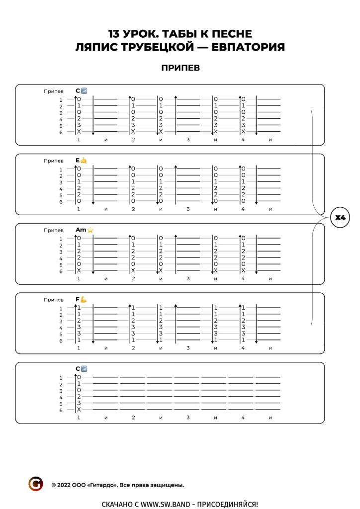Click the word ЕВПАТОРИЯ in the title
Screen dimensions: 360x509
pyautogui.click(x=248, y=47)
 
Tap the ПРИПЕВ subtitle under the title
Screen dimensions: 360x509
pyautogui.click(x=180, y=68)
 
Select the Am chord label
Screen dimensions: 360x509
pyautogui.click(x=81, y=230)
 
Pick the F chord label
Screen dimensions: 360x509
pyautogui.click(x=78, y=299)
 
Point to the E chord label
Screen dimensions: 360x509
pyautogui.click(x=78, y=161)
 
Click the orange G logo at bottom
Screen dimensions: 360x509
pyautogui.click(x=36, y=484)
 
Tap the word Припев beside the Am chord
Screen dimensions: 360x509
pyautogui.click(x=54, y=230)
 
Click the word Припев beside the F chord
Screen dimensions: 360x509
pyautogui.click(x=54, y=300)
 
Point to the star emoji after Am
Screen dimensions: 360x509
pyautogui.click(x=90, y=230)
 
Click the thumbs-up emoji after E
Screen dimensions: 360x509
pyautogui.click(x=84, y=161)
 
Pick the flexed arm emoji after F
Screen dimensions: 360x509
pyautogui.click(x=84, y=299)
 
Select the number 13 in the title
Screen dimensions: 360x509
pyautogui.click(x=113, y=34)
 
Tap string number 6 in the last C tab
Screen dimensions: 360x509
pyautogui.click(x=61, y=410)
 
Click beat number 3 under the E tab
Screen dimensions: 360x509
pyautogui.click(x=188, y=209)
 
